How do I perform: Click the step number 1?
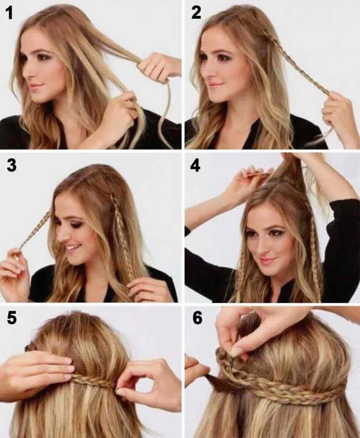point(9,13)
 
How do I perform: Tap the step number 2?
point(196,13)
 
